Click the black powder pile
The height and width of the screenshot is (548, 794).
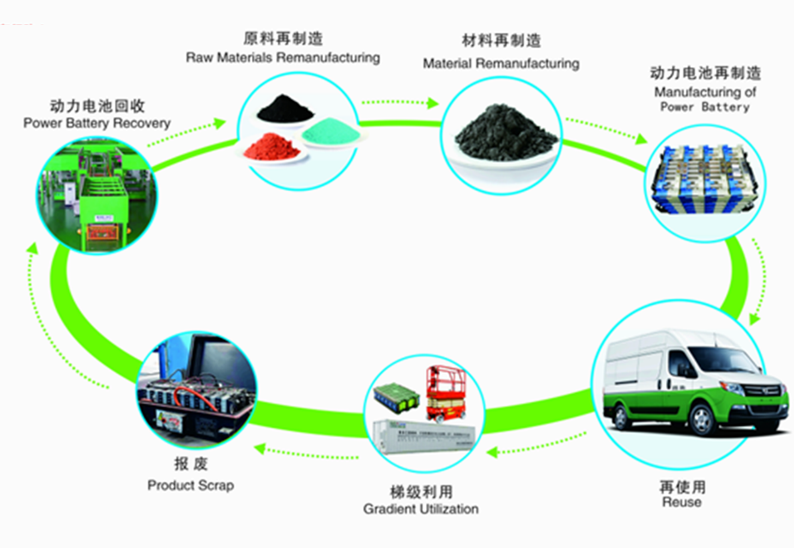click(284, 109)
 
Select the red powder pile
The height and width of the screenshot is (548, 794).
click(271, 148)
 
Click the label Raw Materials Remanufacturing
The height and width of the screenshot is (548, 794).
click(283, 58)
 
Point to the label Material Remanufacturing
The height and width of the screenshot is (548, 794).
click(501, 64)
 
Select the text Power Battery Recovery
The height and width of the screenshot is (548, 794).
click(97, 123)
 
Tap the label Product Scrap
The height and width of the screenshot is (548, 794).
click(190, 485)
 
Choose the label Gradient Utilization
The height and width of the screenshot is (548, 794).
click(420, 509)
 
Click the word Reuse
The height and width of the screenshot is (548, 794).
click(681, 502)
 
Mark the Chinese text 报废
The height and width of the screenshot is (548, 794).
click(191, 466)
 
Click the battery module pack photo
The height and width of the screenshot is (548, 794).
click(704, 178)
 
